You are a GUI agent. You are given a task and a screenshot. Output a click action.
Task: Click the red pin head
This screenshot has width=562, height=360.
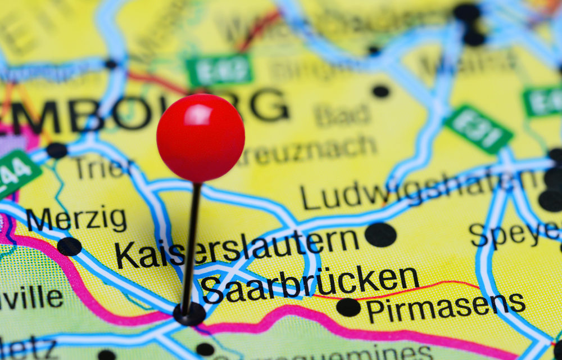point(201,138)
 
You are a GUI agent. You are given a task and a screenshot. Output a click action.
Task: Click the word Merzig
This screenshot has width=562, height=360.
point(76,219)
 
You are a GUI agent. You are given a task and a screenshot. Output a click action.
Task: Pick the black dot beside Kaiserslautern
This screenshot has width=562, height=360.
point(380,235)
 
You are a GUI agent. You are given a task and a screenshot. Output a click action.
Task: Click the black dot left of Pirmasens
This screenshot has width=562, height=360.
point(348,307)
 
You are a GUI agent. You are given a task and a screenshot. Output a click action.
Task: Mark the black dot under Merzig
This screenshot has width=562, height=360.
point(69,246)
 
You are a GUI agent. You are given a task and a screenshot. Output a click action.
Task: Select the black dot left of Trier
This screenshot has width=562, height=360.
point(56,150)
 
